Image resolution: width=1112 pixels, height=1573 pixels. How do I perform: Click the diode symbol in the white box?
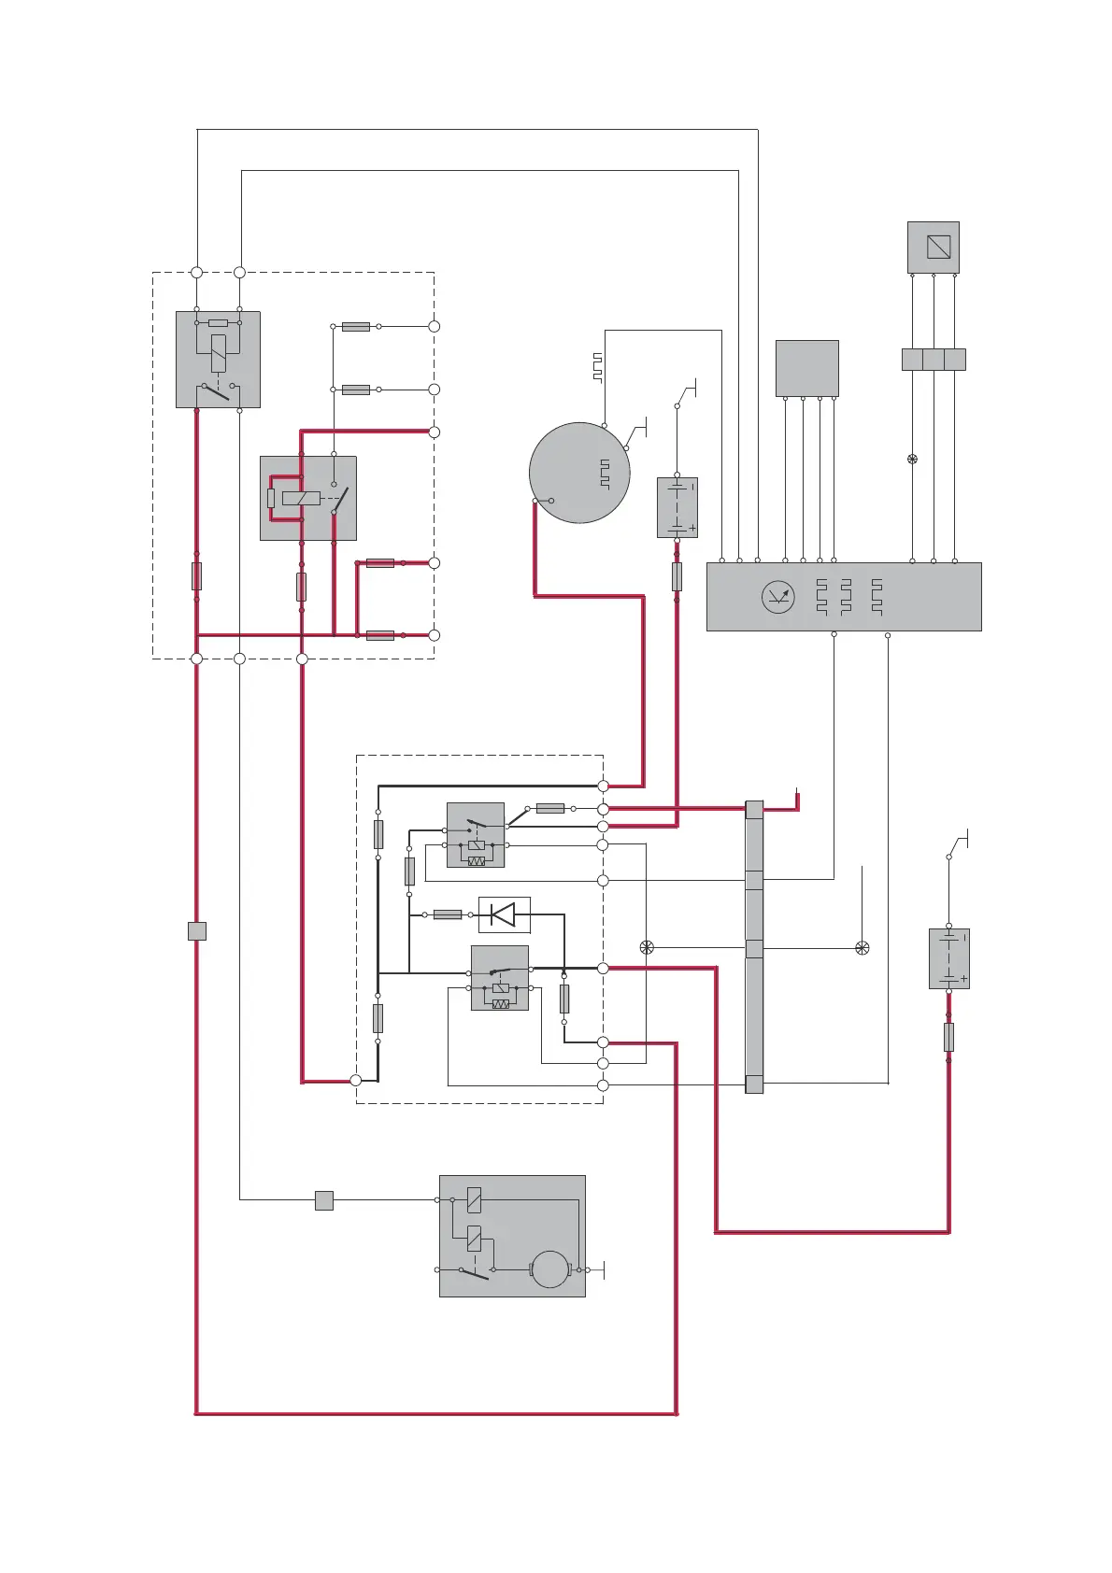504,914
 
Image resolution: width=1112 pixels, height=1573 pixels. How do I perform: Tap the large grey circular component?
578,473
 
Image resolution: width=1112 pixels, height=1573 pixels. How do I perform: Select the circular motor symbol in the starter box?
549,1269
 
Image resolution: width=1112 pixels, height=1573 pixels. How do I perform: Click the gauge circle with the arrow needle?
777,596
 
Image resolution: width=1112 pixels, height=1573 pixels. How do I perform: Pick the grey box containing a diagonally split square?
933,248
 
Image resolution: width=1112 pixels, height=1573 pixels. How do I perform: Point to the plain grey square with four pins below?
806,368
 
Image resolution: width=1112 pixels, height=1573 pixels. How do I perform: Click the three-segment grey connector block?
933,360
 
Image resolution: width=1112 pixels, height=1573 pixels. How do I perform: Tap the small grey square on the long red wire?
196,931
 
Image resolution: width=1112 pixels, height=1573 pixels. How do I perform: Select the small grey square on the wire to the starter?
324,1200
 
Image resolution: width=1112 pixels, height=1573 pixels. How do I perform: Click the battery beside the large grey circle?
677,507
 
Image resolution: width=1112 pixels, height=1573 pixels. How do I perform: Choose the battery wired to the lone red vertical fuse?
948,958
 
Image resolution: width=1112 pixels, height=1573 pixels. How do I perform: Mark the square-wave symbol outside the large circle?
597,368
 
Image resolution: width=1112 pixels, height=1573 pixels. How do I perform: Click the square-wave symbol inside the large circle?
605,475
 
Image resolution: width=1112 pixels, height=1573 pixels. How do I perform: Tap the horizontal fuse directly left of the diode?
448,914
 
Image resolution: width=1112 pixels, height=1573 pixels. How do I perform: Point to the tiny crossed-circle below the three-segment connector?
912,459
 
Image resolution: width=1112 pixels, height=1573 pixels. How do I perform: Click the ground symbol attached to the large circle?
640,432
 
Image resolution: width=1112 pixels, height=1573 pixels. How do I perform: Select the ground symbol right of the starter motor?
604,1269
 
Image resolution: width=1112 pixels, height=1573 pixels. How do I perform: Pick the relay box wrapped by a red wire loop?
307,498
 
